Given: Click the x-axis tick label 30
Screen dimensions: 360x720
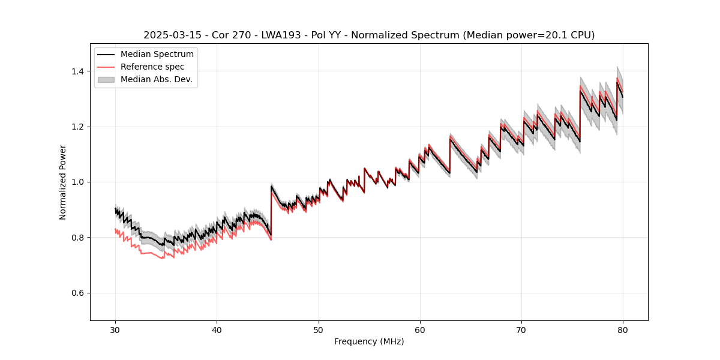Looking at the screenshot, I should tap(116, 329).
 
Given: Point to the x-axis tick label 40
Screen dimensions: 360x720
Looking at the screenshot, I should tap(217, 329).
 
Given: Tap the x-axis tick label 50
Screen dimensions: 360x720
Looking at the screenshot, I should tap(319, 329).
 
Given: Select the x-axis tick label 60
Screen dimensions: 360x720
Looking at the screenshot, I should tap(420, 329).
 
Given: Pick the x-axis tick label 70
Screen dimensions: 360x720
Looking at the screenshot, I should tap(521, 329).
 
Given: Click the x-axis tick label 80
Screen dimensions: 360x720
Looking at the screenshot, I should tap(623, 329).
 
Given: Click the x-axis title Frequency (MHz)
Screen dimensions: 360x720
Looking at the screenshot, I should tap(369, 341).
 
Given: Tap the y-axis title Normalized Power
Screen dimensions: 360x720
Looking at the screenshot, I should tap(63, 182).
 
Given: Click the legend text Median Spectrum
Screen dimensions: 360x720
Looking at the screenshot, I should tap(157, 55).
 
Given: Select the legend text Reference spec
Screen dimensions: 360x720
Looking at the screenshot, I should tap(152, 67).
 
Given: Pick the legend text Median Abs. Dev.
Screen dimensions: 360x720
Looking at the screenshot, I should tap(157, 79).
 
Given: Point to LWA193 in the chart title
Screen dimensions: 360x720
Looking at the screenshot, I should tap(279, 35).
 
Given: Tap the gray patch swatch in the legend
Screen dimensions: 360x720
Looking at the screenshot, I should tap(106, 79).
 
